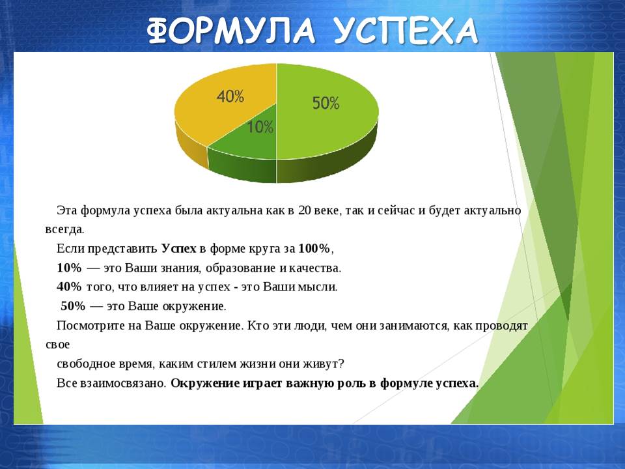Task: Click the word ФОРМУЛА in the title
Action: [230, 31]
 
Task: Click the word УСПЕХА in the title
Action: [406, 31]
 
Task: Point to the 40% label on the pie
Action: [230, 96]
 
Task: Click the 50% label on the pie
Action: [326, 103]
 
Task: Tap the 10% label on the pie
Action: [260, 127]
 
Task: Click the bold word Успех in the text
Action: [178, 248]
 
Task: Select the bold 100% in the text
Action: [314, 248]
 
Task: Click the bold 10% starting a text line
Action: [69, 268]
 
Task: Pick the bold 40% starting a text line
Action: [69, 287]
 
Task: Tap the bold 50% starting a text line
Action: [73, 306]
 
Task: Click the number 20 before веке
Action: [304, 210]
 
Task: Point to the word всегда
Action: [64, 230]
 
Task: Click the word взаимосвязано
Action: [123, 383]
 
